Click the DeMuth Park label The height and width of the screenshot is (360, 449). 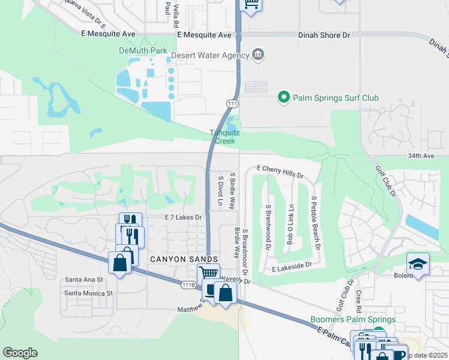pos(142,51)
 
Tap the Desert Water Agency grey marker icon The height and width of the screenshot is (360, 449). pos(258,55)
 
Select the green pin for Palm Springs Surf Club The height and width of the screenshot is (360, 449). pos(283,97)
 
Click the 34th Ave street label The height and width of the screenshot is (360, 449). pos(421,155)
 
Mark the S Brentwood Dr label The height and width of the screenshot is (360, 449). pos(268,223)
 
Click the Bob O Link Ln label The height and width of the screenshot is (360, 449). pos(290,223)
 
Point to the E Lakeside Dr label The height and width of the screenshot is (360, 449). pos(292,264)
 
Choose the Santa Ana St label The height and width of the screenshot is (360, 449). pos(84,280)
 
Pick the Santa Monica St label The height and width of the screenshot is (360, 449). pos(89,293)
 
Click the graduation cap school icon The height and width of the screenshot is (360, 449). pos(418,263)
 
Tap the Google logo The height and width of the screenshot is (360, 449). pos(20,353)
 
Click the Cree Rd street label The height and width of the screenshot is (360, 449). pos(358,301)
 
